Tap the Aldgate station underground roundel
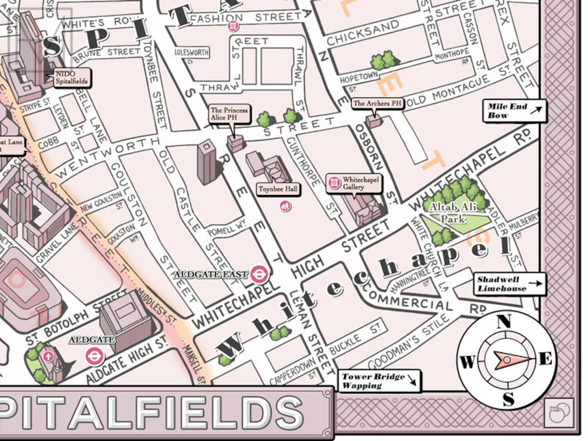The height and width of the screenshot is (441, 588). click(x=94, y=356)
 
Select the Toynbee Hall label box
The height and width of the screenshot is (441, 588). click(x=278, y=189)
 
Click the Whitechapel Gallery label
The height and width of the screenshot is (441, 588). click(x=354, y=183)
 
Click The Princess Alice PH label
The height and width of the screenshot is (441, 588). click(x=229, y=114)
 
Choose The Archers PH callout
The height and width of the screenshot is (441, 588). click(x=377, y=103)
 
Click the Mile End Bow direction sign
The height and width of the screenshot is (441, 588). click(x=514, y=111)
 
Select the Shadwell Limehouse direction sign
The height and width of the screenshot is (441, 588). click(x=510, y=284)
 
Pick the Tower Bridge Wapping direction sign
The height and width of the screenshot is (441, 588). click(x=379, y=381)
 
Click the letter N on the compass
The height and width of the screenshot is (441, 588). click(x=504, y=321)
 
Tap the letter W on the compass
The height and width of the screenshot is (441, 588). click(x=467, y=361)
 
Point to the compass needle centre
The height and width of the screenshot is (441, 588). click(x=507, y=360)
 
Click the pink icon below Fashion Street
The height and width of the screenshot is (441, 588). click(x=233, y=26)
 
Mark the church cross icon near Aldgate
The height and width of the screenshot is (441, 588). click(x=48, y=357)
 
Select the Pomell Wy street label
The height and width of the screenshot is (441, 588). click(x=226, y=230)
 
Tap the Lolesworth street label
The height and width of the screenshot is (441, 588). click(x=191, y=53)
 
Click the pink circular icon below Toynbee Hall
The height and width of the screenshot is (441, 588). click(x=285, y=206)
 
